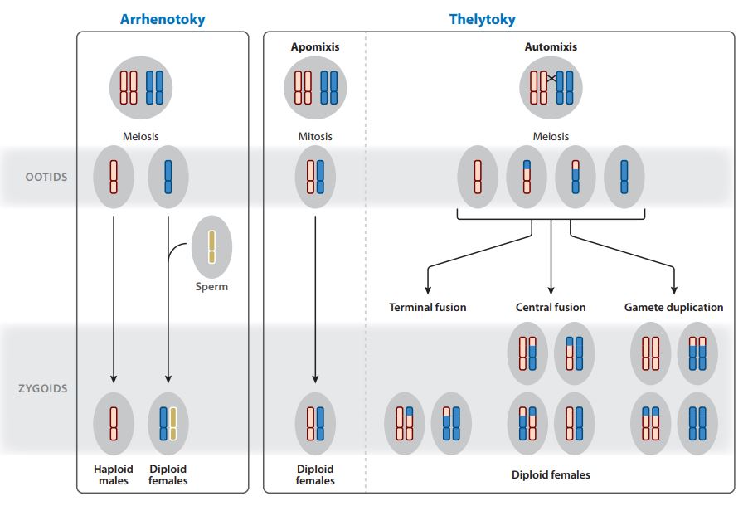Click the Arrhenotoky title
pyautogui.click(x=163, y=19)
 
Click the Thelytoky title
pyautogui.click(x=483, y=19)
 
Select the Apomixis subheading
pyautogui.click(x=315, y=46)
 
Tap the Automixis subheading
pyautogui.click(x=551, y=46)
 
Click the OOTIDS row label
pyautogui.click(x=46, y=178)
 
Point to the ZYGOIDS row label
pyautogui.click(x=43, y=388)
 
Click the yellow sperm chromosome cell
pyautogui.click(x=211, y=247)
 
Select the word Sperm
pyautogui.click(x=211, y=286)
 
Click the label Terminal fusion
pyautogui.click(x=428, y=308)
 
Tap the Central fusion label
pyautogui.click(x=551, y=308)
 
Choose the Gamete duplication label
pyautogui.click(x=674, y=308)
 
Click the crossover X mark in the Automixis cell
pyautogui.click(x=551, y=78)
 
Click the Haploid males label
pyautogui.click(x=114, y=475)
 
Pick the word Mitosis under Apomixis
pyautogui.click(x=315, y=137)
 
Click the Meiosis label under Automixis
pyautogui.click(x=551, y=137)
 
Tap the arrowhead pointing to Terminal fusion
pyautogui.click(x=428, y=290)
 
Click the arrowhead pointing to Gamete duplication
pyautogui.click(x=674, y=290)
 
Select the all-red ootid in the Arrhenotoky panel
pyautogui.click(x=114, y=178)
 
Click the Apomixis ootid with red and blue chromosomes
pyautogui.click(x=315, y=178)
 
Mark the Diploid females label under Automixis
pyautogui.click(x=551, y=475)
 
